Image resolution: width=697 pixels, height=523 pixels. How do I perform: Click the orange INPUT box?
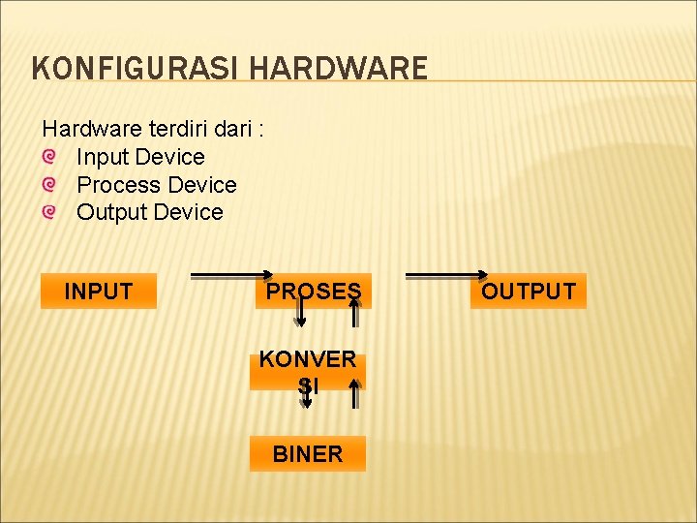pyautogui.click(x=98, y=291)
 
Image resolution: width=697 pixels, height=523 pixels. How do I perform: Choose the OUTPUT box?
pyautogui.click(x=529, y=291)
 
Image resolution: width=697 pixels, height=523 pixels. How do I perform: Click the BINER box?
pyautogui.click(x=308, y=454)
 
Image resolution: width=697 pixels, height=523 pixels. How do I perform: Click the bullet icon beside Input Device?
pyautogui.click(x=49, y=156)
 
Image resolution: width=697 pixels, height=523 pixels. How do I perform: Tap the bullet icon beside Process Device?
pyautogui.click(x=49, y=184)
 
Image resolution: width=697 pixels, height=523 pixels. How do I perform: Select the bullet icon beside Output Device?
pyautogui.click(x=49, y=211)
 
